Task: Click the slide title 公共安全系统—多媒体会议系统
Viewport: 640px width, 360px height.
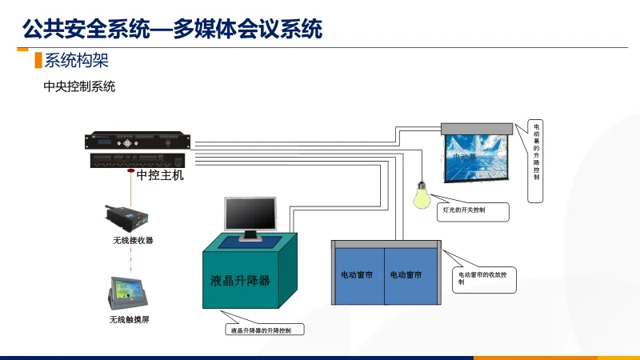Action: (173, 30)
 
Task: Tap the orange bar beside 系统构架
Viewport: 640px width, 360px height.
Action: (38, 60)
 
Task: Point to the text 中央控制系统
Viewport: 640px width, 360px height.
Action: (79, 86)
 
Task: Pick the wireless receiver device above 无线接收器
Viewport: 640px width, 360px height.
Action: (128, 217)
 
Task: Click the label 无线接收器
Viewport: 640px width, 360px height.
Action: (133, 240)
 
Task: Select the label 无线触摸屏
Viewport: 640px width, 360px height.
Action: (130, 320)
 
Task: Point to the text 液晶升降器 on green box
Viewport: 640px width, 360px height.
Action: (240, 281)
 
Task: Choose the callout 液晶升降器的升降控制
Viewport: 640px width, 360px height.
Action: (266, 330)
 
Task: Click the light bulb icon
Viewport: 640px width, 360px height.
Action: (421, 195)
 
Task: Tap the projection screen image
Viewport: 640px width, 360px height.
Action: (477, 154)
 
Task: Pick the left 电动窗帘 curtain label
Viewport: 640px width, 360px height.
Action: (358, 275)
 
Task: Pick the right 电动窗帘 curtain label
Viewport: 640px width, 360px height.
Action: (406, 275)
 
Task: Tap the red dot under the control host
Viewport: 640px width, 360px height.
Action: (130, 170)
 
